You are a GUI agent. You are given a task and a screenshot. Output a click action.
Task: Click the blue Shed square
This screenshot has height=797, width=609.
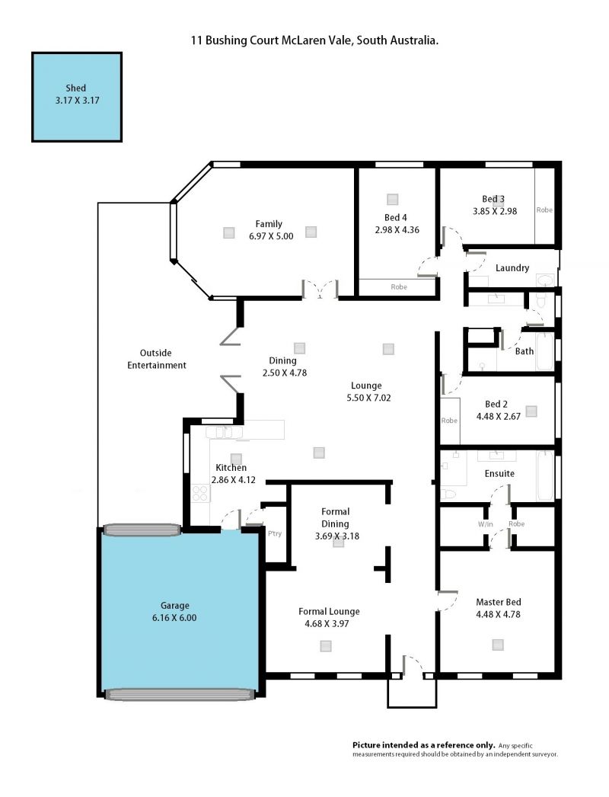point(77,97)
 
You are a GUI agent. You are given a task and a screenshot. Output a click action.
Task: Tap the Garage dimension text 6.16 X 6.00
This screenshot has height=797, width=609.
point(174,618)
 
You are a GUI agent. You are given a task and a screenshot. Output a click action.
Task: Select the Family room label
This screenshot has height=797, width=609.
point(269,224)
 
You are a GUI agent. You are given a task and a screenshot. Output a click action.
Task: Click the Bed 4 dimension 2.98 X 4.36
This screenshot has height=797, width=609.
point(397,230)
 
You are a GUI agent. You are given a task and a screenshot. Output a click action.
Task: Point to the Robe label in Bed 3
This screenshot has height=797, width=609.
point(544,210)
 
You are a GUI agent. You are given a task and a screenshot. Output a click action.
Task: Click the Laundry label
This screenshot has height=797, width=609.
point(512,268)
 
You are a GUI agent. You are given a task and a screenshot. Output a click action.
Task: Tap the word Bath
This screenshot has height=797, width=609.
point(525,351)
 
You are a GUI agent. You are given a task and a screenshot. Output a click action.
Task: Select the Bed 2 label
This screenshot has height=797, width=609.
point(496,404)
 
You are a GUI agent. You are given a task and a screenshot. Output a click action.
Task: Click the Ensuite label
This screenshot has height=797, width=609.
point(499,474)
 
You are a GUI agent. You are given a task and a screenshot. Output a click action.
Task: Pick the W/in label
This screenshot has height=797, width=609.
point(485,524)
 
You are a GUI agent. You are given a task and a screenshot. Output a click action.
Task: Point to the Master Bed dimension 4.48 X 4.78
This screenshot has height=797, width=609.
point(499,614)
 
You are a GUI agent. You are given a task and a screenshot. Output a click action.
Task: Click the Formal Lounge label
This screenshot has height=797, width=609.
point(329,612)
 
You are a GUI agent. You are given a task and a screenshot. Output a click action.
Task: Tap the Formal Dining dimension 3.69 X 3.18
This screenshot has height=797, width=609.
point(336,536)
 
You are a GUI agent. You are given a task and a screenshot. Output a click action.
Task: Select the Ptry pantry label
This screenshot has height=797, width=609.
point(275,533)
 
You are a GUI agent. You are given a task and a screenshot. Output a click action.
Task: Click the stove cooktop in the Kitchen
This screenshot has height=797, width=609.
point(201,494)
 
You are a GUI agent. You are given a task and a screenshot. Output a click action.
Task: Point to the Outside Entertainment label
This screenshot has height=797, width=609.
point(157,359)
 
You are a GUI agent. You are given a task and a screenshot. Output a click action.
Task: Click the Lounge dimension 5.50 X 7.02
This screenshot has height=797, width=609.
point(368,398)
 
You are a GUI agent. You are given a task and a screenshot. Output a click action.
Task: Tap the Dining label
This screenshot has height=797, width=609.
point(282,360)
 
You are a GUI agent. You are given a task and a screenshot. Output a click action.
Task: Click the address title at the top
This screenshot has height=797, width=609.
point(314,40)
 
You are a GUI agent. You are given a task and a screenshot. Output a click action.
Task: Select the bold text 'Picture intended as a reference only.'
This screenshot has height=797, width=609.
point(423,744)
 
